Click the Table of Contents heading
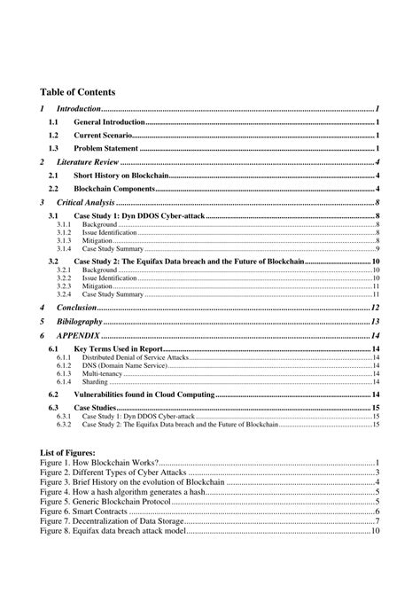coord(78,91)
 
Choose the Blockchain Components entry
coord(119,189)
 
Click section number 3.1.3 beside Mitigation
coord(63,240)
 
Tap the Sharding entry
coord(95,381)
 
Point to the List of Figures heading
coord(68,453)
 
